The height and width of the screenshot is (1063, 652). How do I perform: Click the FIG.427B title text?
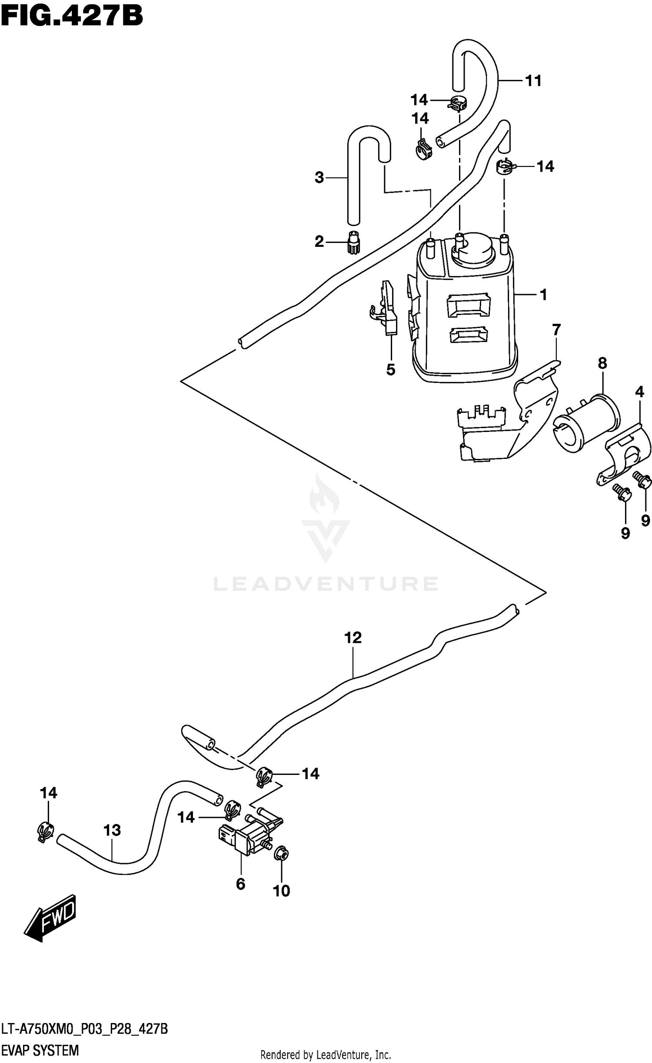click(x=72, y=16)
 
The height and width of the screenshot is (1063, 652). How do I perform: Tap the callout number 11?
click(x=533, y=80)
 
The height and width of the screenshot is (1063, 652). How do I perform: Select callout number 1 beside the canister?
click(x=543, y=295)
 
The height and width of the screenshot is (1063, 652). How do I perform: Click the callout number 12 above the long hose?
click(x=353, y=638)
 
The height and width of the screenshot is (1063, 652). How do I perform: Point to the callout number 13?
click(x=112, y=830)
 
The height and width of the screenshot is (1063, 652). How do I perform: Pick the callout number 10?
click(x=281, y=891)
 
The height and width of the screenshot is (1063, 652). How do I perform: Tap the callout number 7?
click(x=556, y=330)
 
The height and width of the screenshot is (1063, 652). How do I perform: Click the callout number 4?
click(x=639, y=392)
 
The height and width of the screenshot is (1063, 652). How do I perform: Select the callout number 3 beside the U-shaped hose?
click(x=319, y=177)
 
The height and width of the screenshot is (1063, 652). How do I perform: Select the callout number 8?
click(x=602, y=363)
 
